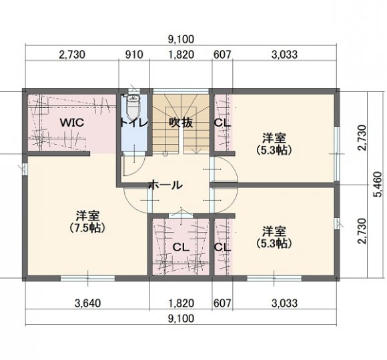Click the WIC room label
tap(72, 123)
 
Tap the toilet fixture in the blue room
tap(133, 107)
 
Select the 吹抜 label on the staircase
tap(181, 123)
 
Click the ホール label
tap(165, 185)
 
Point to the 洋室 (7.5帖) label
tap(87, 222)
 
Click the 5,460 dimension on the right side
tap(378, 185)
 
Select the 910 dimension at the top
tap(134, 55)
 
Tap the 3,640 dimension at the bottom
tap(87, 303)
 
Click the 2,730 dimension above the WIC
tap(72, 55)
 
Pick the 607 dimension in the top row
tap(222, 55)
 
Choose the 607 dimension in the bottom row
tap(222, 303)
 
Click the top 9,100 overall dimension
tap(181, 39)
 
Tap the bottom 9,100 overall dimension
tap(181, 319)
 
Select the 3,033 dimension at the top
tap(284, 55)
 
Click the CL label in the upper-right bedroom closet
tap(222, 123)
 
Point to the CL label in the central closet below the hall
tap(181, 247)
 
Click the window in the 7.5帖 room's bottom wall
tap(88, 279)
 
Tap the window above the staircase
tap(181, 91)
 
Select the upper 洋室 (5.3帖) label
tap(274, 144)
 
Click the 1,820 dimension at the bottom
tap(181, 303)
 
